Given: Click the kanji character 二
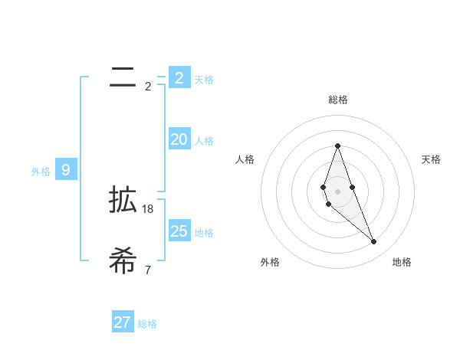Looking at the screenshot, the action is click(x=123, y=76).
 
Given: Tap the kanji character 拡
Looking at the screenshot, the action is click(x=123, y=201).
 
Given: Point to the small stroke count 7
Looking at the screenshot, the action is click(x=148, y=270).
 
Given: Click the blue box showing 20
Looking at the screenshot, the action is click(x=179, y=139).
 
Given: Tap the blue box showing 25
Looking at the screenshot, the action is click(x=179, y=231).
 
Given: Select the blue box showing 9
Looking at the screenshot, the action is click(x=66, y=170).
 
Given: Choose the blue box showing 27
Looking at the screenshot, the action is click(x=123, y=322).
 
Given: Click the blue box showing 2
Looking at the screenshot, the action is click(x=179, y=78).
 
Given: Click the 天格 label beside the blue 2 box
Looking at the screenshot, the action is click(x=204, y=80).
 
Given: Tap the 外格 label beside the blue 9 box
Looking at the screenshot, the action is click(x=41, y=172).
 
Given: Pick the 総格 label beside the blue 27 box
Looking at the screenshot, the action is click(x=147, y=324).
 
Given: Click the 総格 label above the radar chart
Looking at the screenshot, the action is click(x=337, y=100).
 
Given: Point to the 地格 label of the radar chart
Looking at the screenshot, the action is click(x=402, y=263).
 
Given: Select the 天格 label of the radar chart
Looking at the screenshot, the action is click(x=431, y=159).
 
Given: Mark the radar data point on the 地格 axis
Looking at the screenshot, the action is click(x=374, y=242).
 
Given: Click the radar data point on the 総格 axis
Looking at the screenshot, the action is click(x=337, y=146).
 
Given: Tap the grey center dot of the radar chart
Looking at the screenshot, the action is click(x=337, y=191).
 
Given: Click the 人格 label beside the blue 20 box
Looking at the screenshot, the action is click(x=204, y=141).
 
